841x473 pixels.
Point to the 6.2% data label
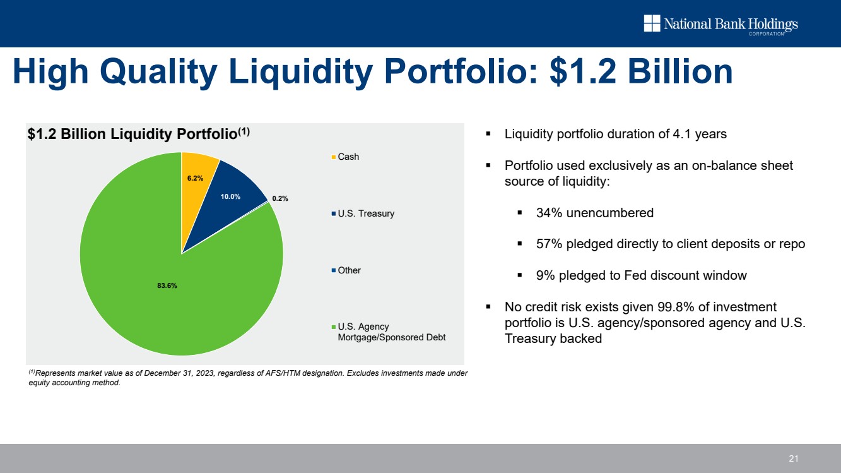pos(195,178)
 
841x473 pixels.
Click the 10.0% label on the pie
pos(230,196)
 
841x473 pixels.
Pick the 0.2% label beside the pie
pos(280,198)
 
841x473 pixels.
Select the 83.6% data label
pos(167,285)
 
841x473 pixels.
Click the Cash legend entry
pos(348,157)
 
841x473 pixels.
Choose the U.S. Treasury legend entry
pos(365,213)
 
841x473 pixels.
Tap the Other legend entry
pos(349,270)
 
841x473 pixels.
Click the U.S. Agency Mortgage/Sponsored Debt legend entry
pos(391,332)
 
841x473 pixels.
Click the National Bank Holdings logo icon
pos(651,23)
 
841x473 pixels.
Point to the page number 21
pos(794,458)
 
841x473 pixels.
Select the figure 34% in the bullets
pos(549,213)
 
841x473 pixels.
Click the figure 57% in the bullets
pos(549,244)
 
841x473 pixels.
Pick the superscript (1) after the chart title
pos(244,131)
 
